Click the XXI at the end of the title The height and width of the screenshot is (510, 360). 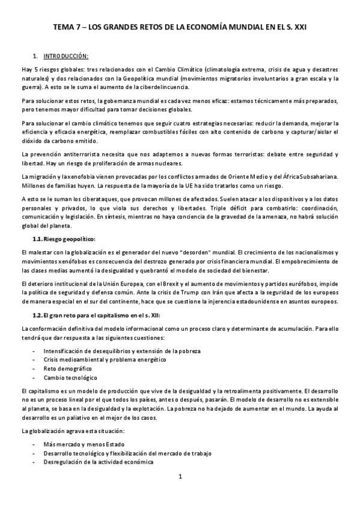coord(299,28)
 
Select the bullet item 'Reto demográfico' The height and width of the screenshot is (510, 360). coord(67,367)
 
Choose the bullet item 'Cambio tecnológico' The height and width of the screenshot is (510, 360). coord(70,378)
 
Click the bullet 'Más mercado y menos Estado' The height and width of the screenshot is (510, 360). coord(81,444)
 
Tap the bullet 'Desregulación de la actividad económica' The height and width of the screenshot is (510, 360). coord(98,463)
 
